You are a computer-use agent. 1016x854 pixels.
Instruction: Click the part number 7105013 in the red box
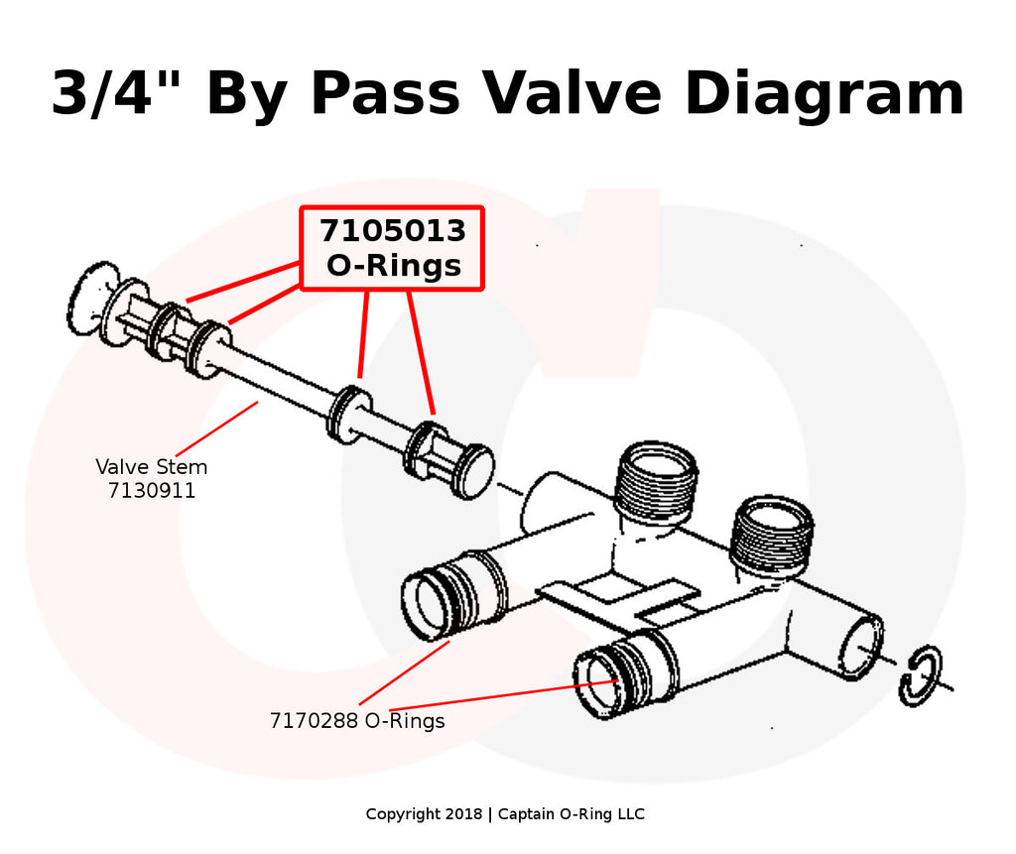pyautogui.click(x=392, y=230)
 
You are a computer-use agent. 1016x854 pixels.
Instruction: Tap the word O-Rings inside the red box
pyautogui.click(x=393, y=265)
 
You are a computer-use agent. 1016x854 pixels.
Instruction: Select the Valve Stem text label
pyautogui.click(x=152, y=466)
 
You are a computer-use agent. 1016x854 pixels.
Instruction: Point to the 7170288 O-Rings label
pyautogui.click(x=357, y=721)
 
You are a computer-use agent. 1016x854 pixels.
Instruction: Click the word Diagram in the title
pyautogui.click(x=824, y=94)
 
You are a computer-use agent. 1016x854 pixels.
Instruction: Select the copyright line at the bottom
pyautogui.click(x=505, y=814)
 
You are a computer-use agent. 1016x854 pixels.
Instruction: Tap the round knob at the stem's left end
pyautogui.click(x=91, y=299)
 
